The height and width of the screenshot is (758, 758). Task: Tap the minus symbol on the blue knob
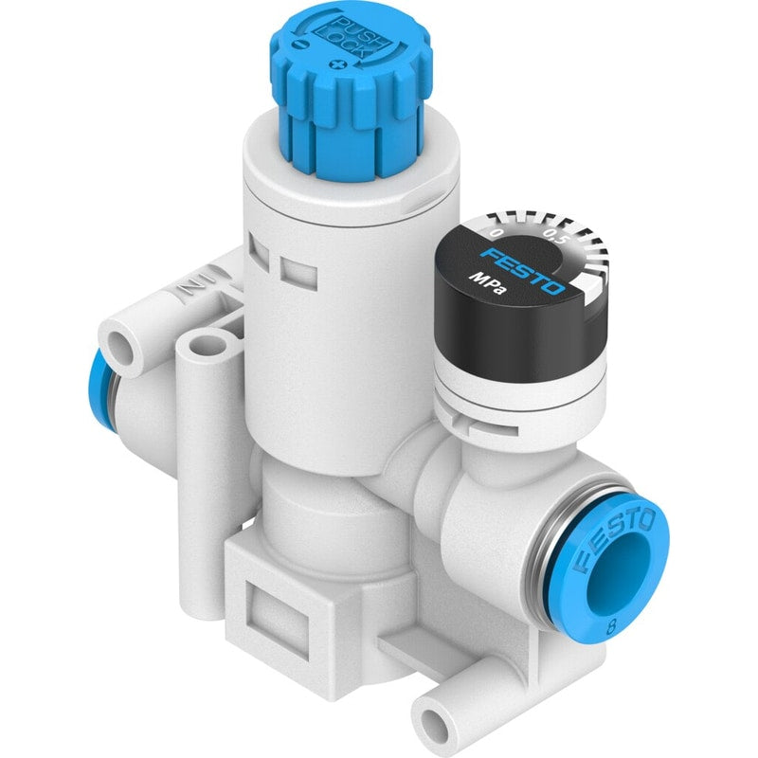pos(300,45)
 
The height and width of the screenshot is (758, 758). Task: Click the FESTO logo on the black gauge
pos(524,271)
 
